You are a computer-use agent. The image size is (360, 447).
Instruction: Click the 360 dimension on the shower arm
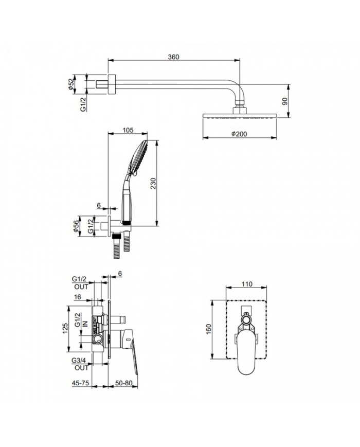[173, 57]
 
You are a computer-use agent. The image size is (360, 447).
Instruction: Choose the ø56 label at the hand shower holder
[77, 227]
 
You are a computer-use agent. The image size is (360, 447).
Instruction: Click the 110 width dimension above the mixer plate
[246, 283]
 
